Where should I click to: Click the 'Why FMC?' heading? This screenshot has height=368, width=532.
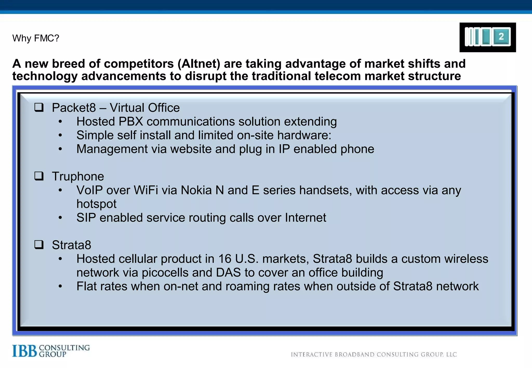coord(36,38)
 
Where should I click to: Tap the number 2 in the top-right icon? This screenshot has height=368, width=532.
coord(501,37)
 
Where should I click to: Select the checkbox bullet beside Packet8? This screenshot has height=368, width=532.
coord(39,107)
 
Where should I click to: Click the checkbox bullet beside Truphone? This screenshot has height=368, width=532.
coord(39,176)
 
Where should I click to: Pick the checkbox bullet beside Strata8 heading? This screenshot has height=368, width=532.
coord(39,244)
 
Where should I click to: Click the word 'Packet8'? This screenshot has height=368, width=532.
coord(74,108)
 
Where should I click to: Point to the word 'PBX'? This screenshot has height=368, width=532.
coord(131,121)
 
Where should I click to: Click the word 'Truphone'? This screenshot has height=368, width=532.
coord(78,176)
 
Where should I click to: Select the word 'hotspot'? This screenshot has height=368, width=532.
coord(96,204)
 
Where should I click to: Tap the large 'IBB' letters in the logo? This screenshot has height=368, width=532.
coord(25,351)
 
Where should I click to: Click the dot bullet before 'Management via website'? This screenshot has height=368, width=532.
coord(60,149)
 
